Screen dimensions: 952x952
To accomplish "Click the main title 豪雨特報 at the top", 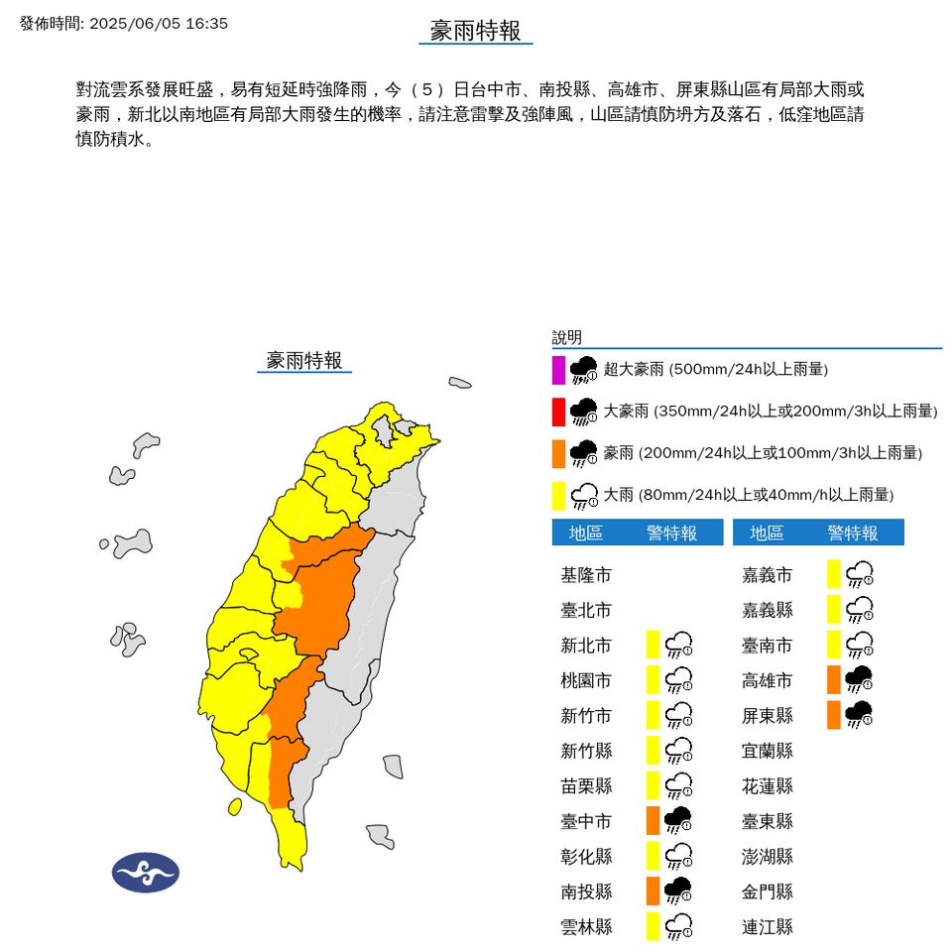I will pos(475,31).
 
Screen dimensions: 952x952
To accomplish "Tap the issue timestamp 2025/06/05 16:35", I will pos(159,23).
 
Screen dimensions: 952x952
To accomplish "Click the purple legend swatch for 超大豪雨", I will pos(558,369).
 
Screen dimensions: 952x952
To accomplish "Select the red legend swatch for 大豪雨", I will pos(558,411).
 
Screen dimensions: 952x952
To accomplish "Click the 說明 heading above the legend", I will pos(567,337).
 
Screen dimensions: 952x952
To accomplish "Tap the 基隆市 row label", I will pos(586,575).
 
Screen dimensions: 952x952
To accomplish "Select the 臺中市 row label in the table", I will pos(586,821).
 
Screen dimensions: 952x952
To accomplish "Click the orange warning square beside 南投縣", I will pos(653,891).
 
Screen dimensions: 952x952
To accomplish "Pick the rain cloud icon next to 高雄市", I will pos(859,680).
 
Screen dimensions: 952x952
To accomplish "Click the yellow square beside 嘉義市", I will pos(834,573).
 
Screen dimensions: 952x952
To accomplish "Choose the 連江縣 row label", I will pos(768,927).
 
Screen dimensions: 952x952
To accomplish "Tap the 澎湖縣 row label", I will pos(768,857).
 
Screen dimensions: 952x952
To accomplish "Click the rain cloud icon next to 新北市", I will pos(679,646).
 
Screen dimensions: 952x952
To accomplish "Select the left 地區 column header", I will pos(586,534).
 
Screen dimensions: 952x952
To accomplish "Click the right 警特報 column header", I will pos(853,534).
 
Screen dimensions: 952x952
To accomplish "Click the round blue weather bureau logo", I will pos(145,873).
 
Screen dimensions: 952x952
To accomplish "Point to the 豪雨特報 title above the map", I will pos(304,360).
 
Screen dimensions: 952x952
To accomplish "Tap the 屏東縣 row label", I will pos(768,716).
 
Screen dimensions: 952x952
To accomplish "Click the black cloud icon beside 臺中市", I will pos(677,821).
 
